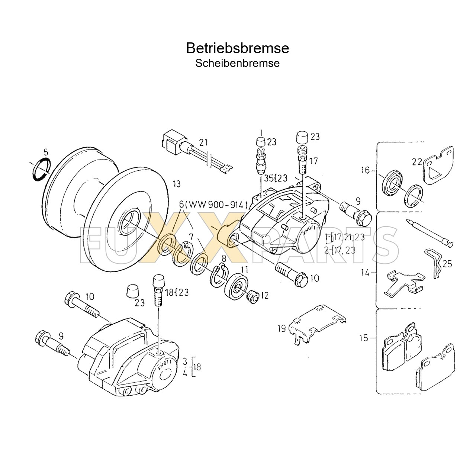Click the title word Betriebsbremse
(x=237, y=48)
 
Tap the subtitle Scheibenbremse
(x=237, y=63)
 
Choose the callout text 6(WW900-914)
(x=213, y=205)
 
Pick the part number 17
(x=313, y=161)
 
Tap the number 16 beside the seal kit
(x=365, y=170)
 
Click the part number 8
(x=224, y=258)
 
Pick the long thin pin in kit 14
(x=430, y=232)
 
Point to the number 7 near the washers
(x=191, y=237)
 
